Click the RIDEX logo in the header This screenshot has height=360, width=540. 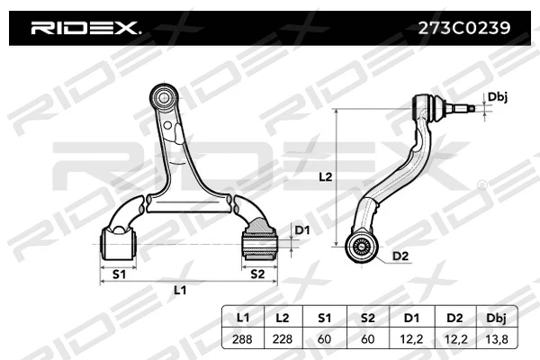point(85,28)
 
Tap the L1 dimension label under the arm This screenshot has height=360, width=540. point(180,290)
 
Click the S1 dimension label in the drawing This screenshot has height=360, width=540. point(117,272)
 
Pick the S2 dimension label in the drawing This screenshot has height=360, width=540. point(257,272)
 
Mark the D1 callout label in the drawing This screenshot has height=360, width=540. point(302,231)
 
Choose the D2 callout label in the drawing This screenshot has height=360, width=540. point(400,256)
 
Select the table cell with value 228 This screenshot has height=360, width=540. point(283,338)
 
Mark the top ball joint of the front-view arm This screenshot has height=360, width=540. point(164,94)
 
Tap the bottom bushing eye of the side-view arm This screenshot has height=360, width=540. point(361,244)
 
